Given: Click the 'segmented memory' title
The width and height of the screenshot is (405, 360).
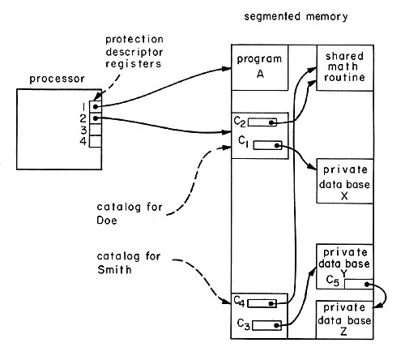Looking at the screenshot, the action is click(296, 16).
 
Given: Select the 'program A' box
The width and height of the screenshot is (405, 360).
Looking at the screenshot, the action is click(260, 67).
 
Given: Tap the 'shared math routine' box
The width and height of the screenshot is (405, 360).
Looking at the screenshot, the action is click(345, 67).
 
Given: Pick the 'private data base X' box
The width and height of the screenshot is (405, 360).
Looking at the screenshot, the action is click(345, 181).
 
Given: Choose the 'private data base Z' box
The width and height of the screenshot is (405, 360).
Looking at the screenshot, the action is click(344, 319).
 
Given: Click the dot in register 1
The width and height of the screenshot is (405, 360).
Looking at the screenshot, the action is click(96, 107).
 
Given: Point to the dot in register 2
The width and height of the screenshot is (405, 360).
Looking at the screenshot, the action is click(96, 118).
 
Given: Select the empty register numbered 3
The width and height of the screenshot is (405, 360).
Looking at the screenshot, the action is click(96, 130).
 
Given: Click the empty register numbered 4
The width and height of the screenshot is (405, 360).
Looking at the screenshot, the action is click(96, 141).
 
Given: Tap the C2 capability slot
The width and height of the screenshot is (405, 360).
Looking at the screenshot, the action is click(262, 122).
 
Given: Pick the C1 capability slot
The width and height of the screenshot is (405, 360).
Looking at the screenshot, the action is click(267, 145).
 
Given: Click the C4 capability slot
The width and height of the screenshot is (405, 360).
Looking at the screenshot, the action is click(262, 303).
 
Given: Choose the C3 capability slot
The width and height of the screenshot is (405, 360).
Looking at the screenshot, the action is click(266, 325).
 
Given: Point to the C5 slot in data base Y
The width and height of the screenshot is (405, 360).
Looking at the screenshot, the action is click(359, 284).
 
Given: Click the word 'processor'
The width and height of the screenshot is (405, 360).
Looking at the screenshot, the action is click(57, 79).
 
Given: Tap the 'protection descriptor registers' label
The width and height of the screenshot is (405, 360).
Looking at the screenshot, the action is click(134, 52).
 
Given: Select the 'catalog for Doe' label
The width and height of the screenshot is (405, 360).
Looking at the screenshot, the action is click(130, 213).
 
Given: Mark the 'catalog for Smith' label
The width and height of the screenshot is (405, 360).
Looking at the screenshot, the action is click(129, 263).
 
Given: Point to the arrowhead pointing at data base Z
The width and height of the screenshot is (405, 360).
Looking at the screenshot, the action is click(378, 306).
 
